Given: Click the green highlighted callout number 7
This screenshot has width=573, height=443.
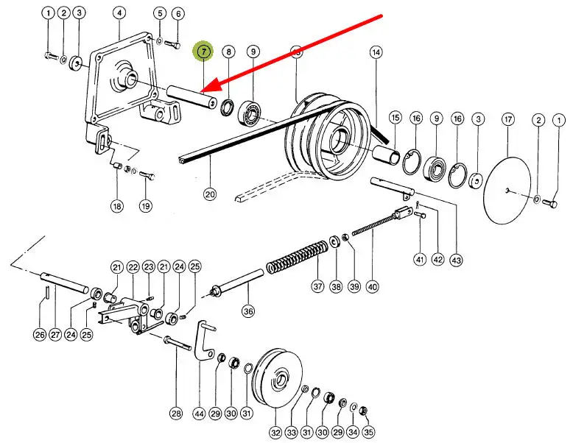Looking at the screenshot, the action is [203, 52].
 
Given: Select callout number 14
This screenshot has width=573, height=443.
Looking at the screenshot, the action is [376, 52].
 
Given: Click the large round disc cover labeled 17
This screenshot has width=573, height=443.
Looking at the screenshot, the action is [507, 191].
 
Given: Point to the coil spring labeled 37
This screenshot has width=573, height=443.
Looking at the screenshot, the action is [297, 257].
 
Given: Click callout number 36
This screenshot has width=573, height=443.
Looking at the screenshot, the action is [248, 311].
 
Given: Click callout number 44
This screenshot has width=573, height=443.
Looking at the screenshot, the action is [199, 414].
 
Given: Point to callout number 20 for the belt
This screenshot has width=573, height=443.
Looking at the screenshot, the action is [210, 194].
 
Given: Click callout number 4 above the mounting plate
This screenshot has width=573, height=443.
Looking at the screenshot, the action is [119, 13].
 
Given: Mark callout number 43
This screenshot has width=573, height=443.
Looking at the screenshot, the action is [456, 261].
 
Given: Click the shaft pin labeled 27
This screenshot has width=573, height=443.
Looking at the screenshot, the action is [64, 283].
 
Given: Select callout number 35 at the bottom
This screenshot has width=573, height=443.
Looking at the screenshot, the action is [368, 432].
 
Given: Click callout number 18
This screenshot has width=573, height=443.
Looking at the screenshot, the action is [117, 206].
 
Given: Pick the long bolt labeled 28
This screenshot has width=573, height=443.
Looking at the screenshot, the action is [178, 344].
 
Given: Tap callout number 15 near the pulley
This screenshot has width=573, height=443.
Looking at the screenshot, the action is [396, 118].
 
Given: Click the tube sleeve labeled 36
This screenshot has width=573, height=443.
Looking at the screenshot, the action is [237, 283].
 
